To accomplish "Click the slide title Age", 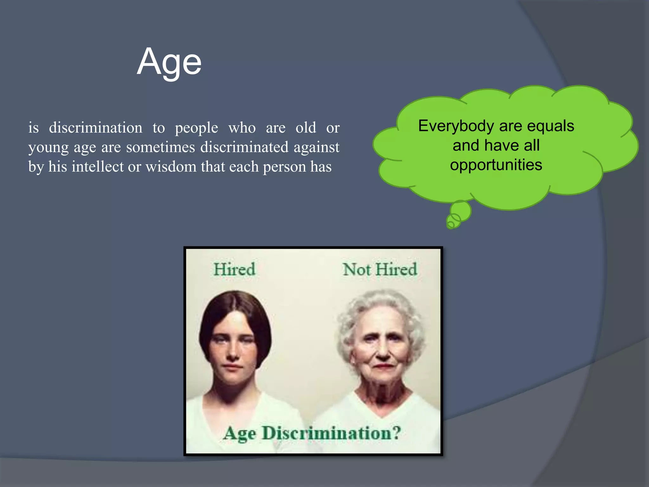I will pos(169,62).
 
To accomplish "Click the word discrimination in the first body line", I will pos(95,128).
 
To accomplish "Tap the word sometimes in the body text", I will pos(160,147).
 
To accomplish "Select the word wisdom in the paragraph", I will pos(171,167).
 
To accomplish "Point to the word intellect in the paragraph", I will pos(98,167).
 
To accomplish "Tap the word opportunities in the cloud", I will pos(496,165).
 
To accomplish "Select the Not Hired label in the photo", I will pos(380,269).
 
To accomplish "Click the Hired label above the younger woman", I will pos(234,269).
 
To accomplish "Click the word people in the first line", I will pos(196,128).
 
